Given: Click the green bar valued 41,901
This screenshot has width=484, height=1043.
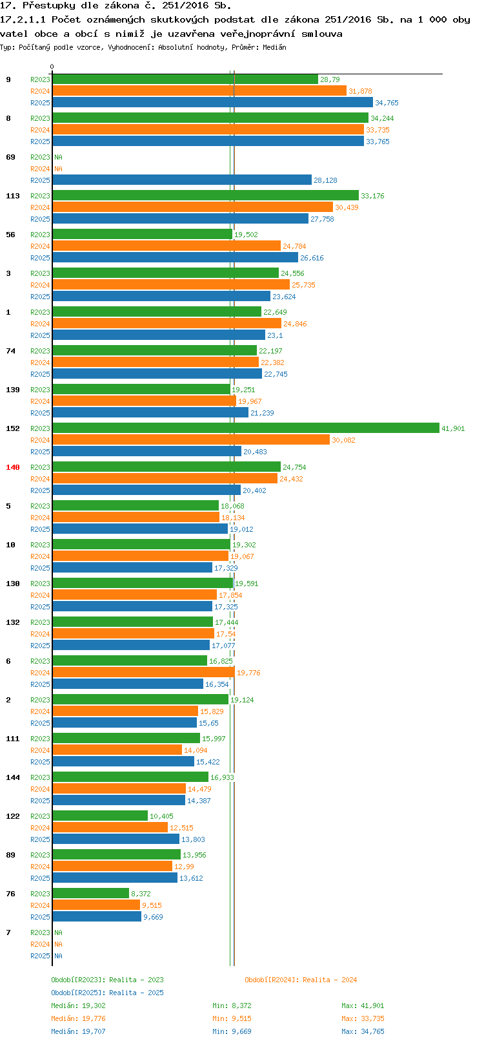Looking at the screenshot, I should click(x=245, y=428).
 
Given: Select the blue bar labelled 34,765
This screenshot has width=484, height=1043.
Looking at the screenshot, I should click(x=212, y=103).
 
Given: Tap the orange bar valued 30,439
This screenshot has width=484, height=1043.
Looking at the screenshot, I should click(x=192, y=207).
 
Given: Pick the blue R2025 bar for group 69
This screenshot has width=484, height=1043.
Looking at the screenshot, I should click(x=181, y=180).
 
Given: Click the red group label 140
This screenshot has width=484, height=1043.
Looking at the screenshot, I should click(x=13, y=467).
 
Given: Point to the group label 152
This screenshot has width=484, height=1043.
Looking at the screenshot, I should click(x=13, y=428).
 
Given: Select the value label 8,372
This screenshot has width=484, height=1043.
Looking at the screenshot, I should click(x=141, y=894).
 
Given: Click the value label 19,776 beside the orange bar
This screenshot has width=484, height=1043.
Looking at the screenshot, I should click(x=248, y=673).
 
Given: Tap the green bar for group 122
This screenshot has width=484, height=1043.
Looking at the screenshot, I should click(x=99, y=816).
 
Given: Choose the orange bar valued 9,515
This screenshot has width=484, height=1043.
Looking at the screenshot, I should click(x=96, y=905).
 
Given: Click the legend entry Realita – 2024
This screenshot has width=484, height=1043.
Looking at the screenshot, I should click(x=301, y=980).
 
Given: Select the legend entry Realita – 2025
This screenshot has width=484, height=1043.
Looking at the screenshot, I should click(x=107, y=993).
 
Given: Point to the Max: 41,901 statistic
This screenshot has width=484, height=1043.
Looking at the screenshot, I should click(x=363, y=1006).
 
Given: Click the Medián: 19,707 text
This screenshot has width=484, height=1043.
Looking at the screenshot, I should click(x=78, y=1031).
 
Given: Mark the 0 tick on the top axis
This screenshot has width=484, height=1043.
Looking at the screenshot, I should click(x=52, y=67).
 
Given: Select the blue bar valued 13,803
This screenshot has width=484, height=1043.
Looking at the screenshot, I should click(x=116, y=839).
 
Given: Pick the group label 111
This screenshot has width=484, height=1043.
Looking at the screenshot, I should click(x=13, y=739).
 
